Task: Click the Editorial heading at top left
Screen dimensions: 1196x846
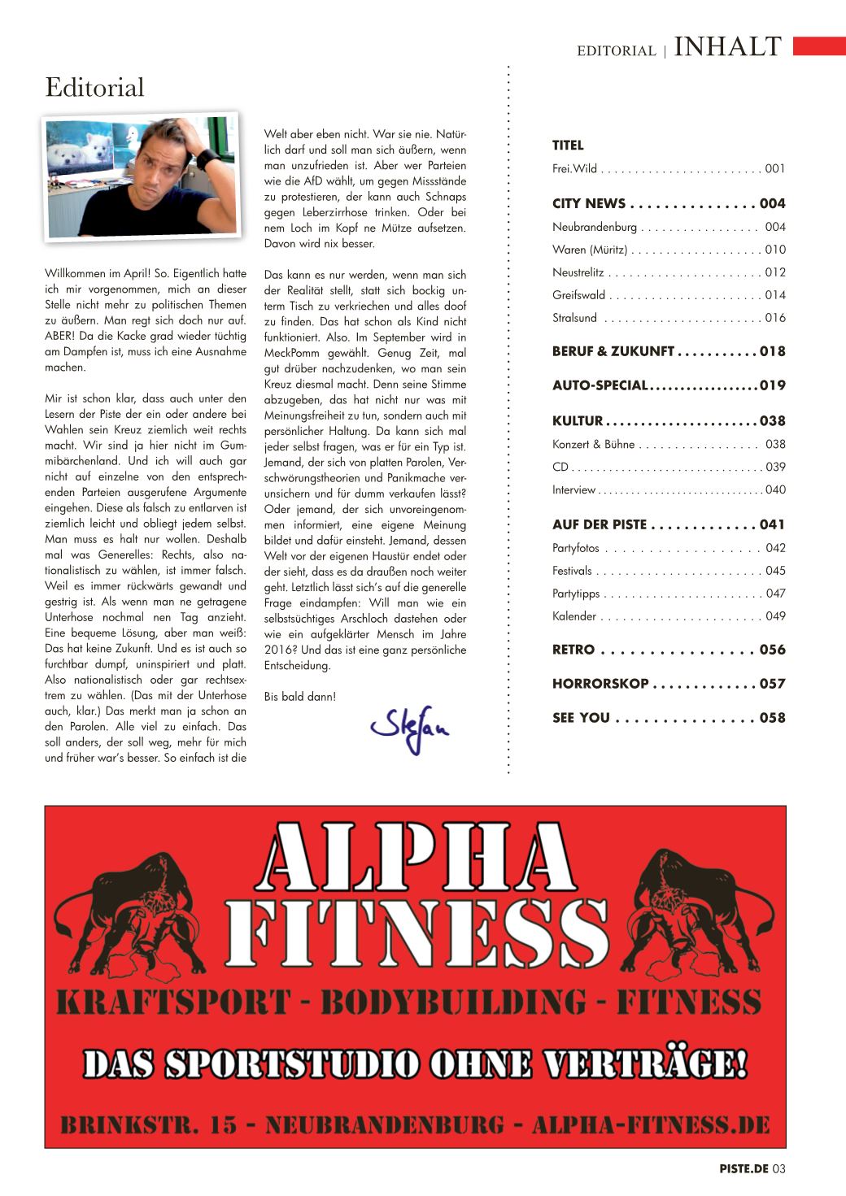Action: coord(94,87)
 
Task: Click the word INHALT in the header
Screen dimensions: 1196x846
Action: coord(728,47)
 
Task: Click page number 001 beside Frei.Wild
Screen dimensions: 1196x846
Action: coord(775,169)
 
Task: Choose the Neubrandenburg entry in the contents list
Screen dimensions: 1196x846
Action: coord(595,227)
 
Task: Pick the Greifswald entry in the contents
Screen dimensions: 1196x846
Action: coord(578,295)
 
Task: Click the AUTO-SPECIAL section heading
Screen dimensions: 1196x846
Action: coord(600,385)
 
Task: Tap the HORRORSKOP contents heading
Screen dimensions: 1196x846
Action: coord(600,684)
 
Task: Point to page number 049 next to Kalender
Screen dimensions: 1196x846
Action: coord(775,616)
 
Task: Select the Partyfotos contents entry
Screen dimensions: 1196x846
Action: coord(576,548)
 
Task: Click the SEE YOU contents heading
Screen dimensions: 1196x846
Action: coord(581,718)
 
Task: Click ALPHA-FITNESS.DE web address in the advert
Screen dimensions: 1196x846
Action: coord(651,1125)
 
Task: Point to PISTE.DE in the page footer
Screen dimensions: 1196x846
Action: coord(744,1169)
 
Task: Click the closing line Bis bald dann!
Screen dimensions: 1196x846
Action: coord(300,697)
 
